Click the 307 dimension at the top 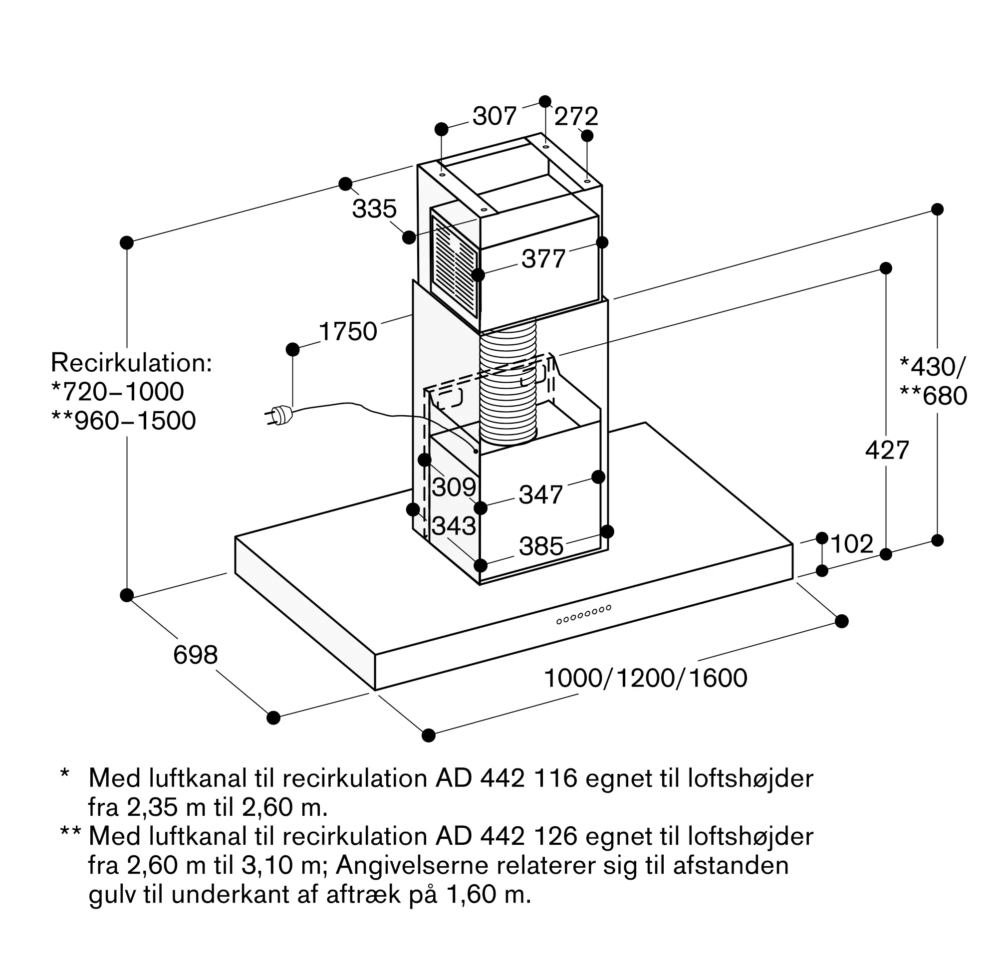click(494, 116)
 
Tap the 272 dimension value click(576, 117)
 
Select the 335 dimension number click(374, 209)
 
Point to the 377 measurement click(543, 259)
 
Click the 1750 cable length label click(348, 331)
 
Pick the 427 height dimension click(887, 451)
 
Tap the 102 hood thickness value click(852, 544)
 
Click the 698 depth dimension click(196, 656)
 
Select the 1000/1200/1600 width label click(646, 679)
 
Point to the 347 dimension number click(541, 494)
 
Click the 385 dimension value click(541, 546)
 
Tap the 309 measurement click(454, 487)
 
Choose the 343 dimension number click(454, 526)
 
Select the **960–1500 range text click(124, 421)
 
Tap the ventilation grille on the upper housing click(455, 267)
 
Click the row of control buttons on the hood click(584, 614)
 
